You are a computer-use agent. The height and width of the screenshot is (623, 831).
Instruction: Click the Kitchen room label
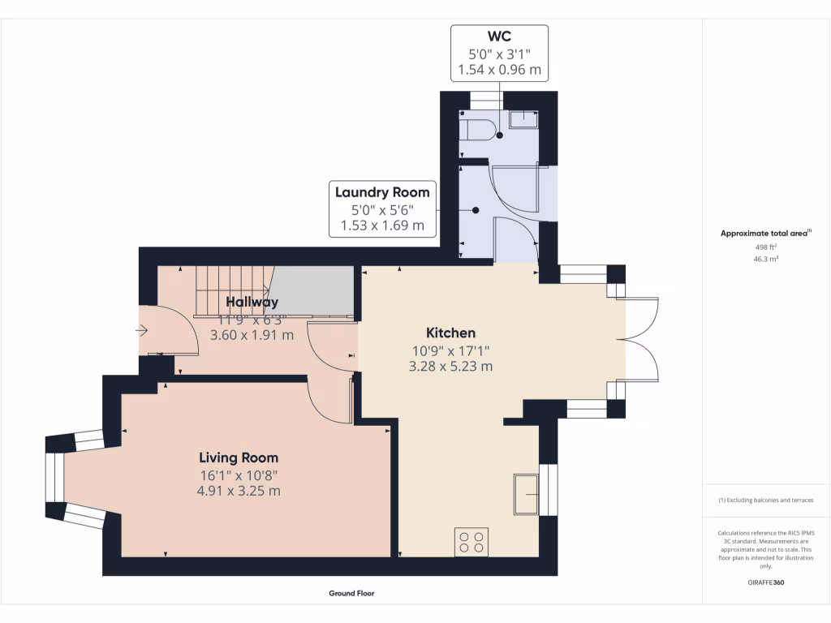(x=450, y=333)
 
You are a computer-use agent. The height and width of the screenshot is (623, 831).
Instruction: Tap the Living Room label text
(x=239, y=458)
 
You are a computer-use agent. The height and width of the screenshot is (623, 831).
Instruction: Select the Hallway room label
(x=252, y=302)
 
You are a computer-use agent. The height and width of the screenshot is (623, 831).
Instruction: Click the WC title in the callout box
(x=499, y=37)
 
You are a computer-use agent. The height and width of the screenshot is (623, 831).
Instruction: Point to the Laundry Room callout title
(x=382, y=192)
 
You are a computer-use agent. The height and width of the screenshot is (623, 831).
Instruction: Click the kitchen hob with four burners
(x=471, y=540)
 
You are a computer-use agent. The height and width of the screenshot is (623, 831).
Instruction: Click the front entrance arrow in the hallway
(x=143, y=330)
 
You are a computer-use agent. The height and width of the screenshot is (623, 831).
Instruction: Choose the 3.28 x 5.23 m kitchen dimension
(x=450, y=366)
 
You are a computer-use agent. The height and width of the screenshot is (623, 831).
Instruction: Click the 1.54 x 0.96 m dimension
(x=499, y=70)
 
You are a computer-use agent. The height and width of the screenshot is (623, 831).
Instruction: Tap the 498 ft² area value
(x=765, y=247)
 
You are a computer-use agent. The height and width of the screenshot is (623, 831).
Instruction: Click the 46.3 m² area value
(x=765, y=260)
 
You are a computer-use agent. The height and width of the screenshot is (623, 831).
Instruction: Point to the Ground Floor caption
(x=351, y=593)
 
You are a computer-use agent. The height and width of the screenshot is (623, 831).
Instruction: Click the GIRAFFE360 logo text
(x=765, y=582)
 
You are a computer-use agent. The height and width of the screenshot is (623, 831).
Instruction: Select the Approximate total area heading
(x=765, y=234)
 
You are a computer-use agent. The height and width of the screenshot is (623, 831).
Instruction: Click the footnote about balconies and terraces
(x=765, y=501)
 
